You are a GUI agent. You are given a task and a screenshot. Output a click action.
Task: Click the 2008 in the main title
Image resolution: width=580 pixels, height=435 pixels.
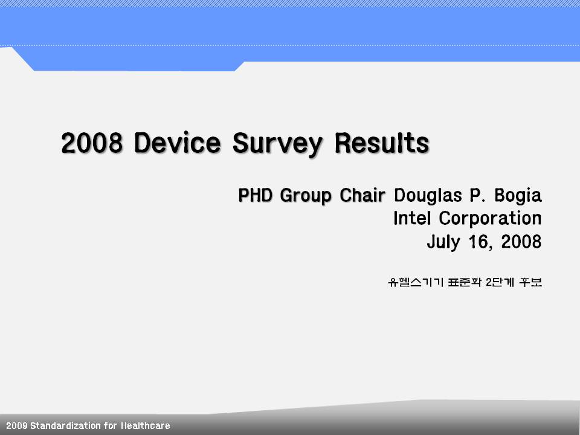tap(92, 143)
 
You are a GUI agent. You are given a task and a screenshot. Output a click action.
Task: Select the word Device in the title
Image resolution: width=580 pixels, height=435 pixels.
tap(178, 143)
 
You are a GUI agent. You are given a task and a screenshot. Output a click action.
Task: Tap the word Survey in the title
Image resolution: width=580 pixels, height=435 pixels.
tap(277, 144)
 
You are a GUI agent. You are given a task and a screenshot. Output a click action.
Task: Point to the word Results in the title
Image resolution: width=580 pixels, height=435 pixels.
tap(382, 143)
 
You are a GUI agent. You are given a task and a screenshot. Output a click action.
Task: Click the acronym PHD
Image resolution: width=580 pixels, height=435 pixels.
tap(255, 195)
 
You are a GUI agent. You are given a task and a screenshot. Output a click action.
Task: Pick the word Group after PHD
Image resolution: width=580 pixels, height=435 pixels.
tap(306, 196)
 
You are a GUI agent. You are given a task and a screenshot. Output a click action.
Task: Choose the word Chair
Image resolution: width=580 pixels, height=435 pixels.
tap(362, 195)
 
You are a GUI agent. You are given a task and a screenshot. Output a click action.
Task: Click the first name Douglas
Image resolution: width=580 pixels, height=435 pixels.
tap(428, 195)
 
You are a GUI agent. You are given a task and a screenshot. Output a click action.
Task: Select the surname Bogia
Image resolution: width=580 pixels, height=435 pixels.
tap(518, 196)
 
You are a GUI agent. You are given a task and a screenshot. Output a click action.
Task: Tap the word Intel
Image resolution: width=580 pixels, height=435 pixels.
tap(412, 218)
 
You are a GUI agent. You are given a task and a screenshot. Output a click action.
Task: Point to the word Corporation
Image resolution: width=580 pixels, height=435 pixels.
tap(490, 219)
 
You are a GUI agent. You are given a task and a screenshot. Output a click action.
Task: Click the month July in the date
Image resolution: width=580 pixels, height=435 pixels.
tap(443, 242)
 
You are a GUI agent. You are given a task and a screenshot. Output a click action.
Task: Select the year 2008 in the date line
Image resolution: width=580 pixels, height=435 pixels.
tap(521, 242)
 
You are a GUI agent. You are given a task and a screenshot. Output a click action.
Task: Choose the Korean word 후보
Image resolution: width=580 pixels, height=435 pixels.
tap(530, 282)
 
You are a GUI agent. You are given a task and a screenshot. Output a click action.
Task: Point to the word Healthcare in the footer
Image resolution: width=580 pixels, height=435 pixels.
tap(146, 426)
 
